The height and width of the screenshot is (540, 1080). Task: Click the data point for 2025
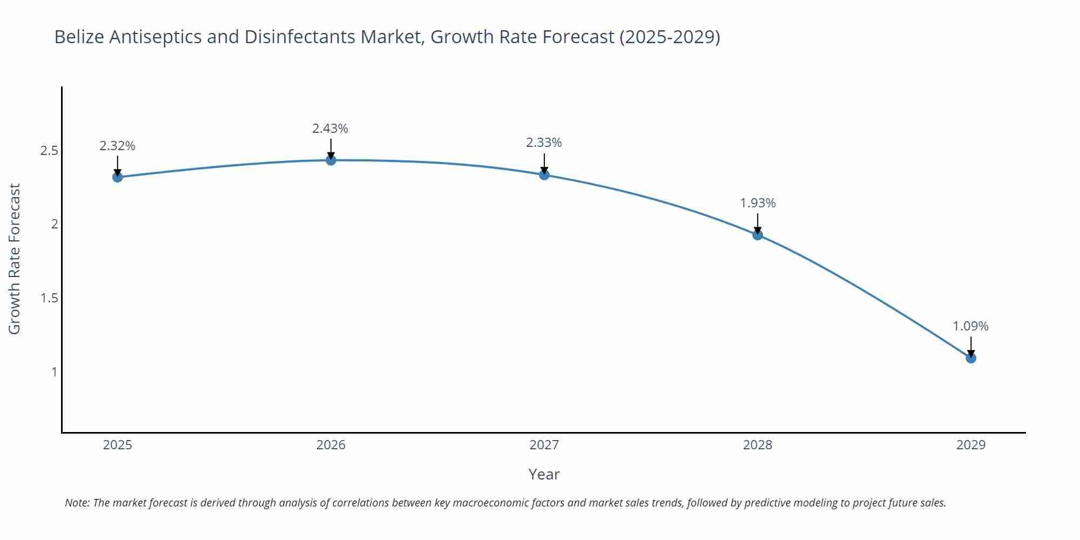(x=118, y=177)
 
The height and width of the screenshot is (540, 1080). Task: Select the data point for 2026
(x=331, y=160)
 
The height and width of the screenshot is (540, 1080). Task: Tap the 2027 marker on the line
(x=544, y=174)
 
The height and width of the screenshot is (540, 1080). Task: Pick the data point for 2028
(x=758, y=234)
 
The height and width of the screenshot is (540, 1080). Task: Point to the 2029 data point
(x=971, y=357)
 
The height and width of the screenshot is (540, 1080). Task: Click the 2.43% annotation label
(x=330, y=129)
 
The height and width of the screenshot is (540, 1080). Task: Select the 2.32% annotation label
(x=117, y=146)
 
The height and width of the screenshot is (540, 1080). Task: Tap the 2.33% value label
(x=544, y=143)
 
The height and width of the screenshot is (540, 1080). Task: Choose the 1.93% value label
(x=758, y=203)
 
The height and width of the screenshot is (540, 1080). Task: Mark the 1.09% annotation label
(x=970, y=326)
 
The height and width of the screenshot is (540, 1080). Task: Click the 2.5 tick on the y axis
(x=49, y=150)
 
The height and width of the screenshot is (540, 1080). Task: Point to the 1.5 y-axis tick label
(x=49, y=298)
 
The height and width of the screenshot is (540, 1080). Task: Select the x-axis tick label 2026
(x=331, y=445)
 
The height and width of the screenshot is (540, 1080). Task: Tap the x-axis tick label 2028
(x=758, y=445)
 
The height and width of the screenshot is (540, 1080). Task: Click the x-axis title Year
(x=544, y=474)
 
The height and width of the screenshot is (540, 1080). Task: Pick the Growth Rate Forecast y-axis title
(x=15, y=259)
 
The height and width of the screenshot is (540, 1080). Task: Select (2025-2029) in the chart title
(x=670, y=37)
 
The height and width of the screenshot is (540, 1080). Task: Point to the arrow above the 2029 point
(x=971, y=346)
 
